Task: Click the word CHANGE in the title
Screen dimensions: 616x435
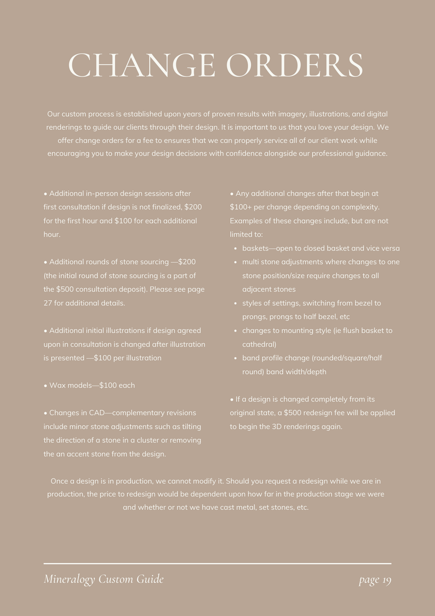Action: (142, 66)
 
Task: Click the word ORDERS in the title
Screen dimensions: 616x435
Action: (294, 66)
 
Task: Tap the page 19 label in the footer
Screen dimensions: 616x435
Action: (375, 580)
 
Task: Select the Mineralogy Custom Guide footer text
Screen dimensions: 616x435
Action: (104, 579)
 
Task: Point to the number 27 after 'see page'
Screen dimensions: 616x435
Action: (47, 303)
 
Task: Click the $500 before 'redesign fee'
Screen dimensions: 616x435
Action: (292, 413)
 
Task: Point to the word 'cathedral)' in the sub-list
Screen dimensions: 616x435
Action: (259, 344)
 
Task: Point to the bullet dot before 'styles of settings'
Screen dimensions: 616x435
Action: (235, 303)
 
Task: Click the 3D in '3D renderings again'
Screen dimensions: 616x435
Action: (277, 426)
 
